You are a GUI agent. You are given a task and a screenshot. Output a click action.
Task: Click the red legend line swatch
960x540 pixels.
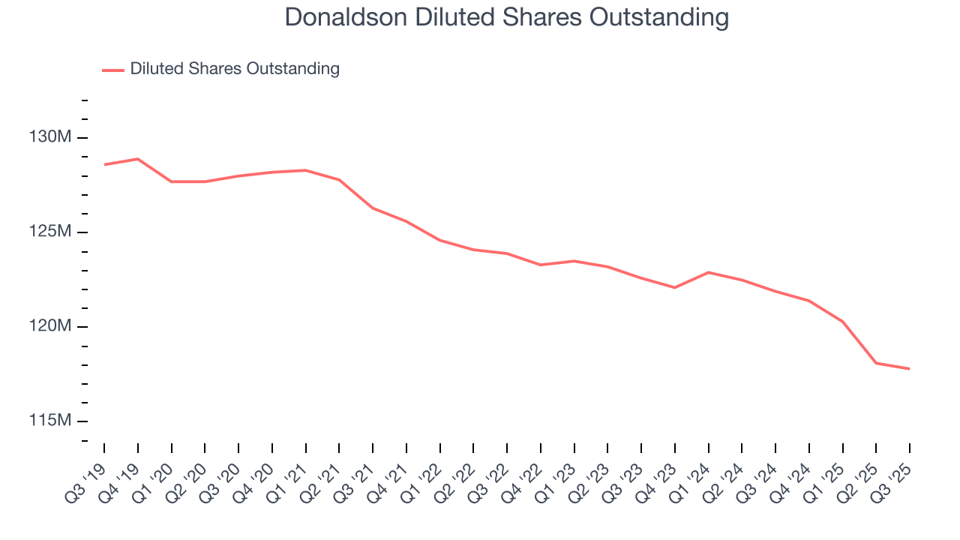113,70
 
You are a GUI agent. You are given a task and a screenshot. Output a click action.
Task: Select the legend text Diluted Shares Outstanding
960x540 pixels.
235,69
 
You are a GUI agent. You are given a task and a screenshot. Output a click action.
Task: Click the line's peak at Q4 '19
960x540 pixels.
138,159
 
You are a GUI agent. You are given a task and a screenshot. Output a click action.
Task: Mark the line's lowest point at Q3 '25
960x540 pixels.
909,368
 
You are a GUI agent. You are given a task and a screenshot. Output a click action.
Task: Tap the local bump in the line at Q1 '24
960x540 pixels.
709,272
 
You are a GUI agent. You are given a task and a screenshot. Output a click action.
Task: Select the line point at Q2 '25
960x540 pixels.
876,363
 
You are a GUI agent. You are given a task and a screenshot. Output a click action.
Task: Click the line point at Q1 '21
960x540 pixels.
306,170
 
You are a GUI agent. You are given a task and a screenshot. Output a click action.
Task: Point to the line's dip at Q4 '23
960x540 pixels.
675,287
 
